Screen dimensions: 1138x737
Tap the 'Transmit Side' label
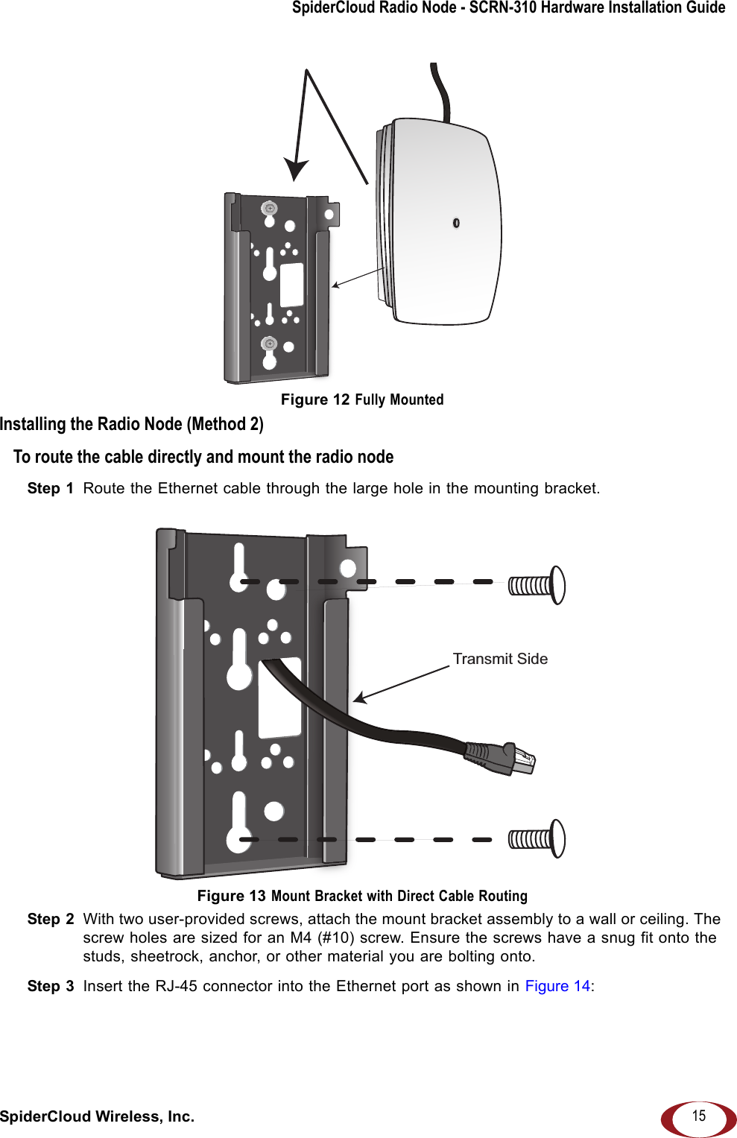click(x=500, y=659)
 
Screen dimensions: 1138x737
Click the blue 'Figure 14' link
click(x=557, y=986)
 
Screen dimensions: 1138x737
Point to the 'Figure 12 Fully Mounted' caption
click(x=362, y=399)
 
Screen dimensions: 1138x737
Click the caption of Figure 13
click(x=362, y=896)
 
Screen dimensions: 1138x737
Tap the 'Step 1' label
click(x=50, y=488)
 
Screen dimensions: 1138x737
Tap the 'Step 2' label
click(x=50, y=919)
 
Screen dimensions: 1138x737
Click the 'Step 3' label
click(x=50, y=986)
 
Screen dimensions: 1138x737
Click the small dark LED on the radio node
click(x=456, y=223)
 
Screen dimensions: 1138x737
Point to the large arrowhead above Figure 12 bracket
click(x=296, y=169)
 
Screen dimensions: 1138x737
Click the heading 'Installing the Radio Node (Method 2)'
click(x=132, y=424)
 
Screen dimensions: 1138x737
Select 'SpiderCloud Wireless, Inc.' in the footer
click(x=97, y=1116)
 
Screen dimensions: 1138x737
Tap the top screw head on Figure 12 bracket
click(x=270, y=209)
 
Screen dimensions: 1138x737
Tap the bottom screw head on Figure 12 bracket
click(x=269, y=344)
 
